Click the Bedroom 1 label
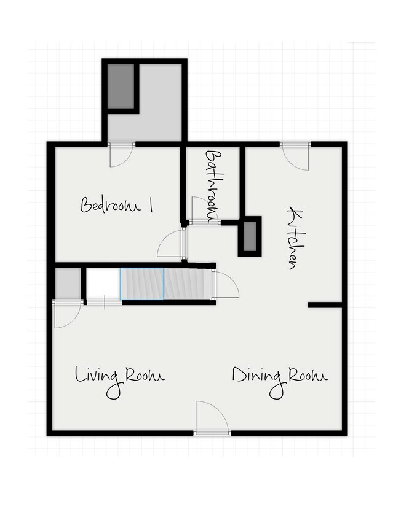click(x=117, y=205)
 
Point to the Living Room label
click(x=119, y=382)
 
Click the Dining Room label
click(x=280, y=382)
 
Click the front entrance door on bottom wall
click(x=212, y=418)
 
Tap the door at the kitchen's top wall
click(x=296, y=157)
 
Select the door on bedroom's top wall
click(x=122, y=155)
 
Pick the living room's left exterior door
click(x=68, y=314)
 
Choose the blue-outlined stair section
click(x=141, y=284)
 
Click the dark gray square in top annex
click(x=121, y=86)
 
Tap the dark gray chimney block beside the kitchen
click(x=250, y=236)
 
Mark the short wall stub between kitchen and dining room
click(x=325, y=305)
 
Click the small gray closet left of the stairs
click(x=68, y=284)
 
